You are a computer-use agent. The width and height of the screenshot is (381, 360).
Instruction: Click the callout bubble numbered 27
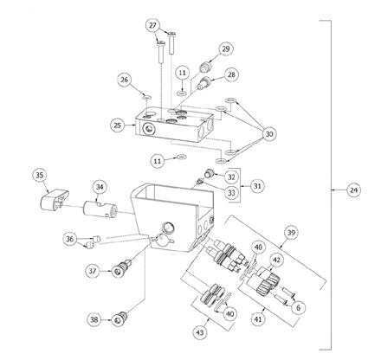(153, 26)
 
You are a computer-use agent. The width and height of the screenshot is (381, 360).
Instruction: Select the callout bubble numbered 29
(225, 48)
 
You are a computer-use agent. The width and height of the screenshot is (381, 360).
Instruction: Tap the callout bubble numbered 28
(231, 75)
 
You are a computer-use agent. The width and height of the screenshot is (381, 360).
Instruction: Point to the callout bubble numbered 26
(125, 80)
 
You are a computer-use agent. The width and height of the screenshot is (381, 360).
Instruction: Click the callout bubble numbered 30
(270, 134)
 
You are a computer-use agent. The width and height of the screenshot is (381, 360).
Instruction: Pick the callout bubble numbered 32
(232, 176)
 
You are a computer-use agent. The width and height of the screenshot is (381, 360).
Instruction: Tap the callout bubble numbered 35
(39, 177)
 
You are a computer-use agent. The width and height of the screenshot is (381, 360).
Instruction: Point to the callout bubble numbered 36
(70, 240)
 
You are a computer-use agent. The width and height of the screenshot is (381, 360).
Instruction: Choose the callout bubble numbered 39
(292, 235)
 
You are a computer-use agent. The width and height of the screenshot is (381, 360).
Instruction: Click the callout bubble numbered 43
(202, 331)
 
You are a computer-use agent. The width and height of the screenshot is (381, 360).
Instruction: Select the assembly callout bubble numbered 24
(353, 189)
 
